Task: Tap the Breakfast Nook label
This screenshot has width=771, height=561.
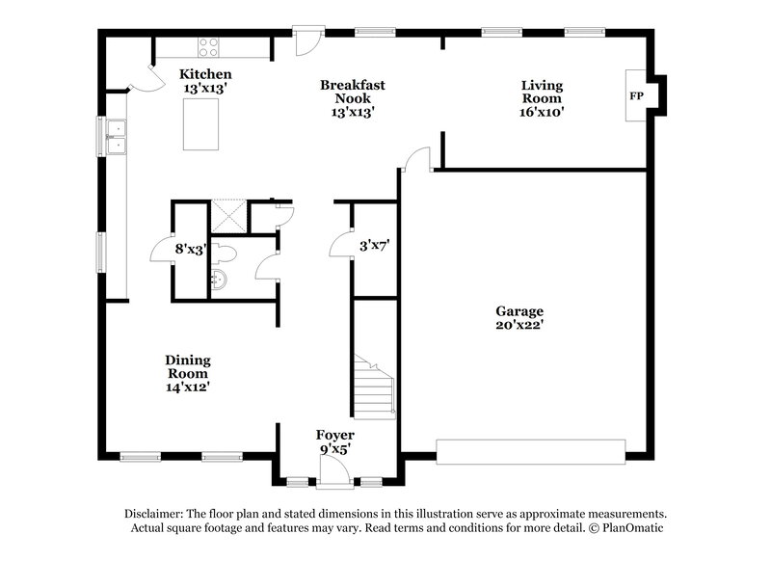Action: pos(353,98)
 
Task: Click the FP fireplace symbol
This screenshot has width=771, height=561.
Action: pos(636,96)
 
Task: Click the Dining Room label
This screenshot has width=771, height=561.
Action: pos(187,373)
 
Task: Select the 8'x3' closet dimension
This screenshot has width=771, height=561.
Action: pos(191,249)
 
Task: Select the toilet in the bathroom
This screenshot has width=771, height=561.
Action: pos(226,253)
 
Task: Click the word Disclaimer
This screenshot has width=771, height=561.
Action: pos(160,514)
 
